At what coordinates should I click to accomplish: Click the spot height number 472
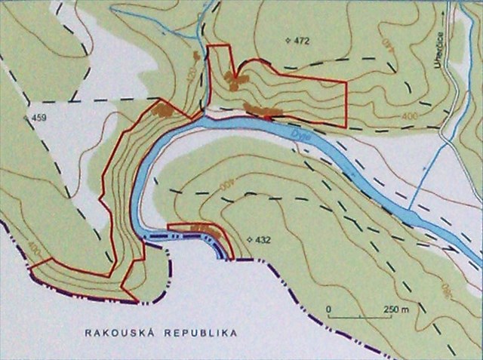pos(302,40)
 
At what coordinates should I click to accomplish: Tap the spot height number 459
pos(38,118)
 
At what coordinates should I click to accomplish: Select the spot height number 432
pos(263,240)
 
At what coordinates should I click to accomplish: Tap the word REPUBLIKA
pos(198,332)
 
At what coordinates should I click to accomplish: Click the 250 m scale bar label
pos(396,309)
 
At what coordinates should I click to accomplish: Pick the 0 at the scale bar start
pos(330,309)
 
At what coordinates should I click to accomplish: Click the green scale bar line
pos(362,317)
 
